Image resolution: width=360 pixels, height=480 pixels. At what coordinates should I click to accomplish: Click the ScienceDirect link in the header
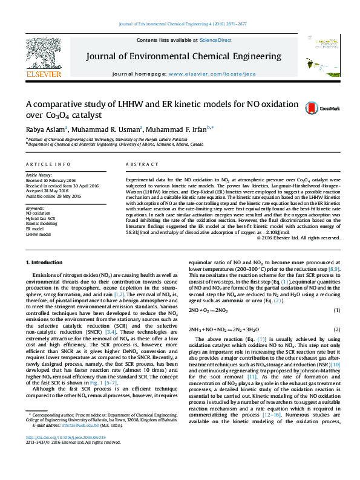[x=215, y=40]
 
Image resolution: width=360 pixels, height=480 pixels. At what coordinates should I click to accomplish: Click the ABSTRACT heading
[x=138, y=165]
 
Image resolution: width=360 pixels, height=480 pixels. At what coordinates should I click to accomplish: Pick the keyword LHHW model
[x=38, y=234]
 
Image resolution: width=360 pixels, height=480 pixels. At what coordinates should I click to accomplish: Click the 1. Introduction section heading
[x=46, y=262]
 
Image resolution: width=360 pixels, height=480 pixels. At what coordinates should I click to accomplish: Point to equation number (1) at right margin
[x=336, y=310]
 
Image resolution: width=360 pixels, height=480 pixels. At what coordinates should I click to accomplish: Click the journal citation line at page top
[x=180, y=24]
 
